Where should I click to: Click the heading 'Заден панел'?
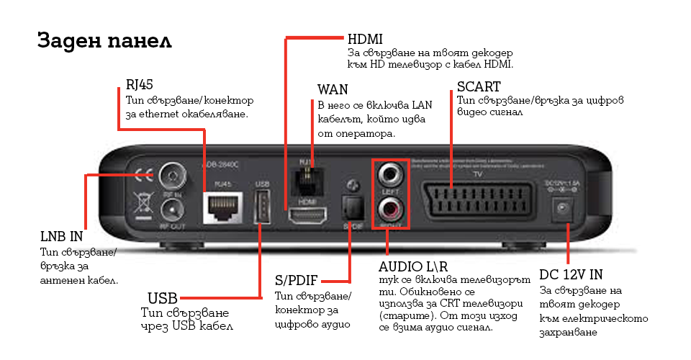104,41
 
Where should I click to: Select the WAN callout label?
333,90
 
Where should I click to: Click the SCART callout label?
479,87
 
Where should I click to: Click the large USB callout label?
162,297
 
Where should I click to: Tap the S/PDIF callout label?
296,280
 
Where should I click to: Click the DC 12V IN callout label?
571,274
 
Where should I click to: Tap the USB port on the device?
261,209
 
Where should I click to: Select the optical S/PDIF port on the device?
353,210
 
